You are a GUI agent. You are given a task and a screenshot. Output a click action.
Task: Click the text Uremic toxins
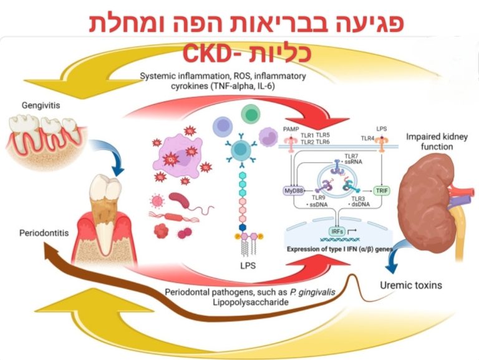[411, 286]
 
